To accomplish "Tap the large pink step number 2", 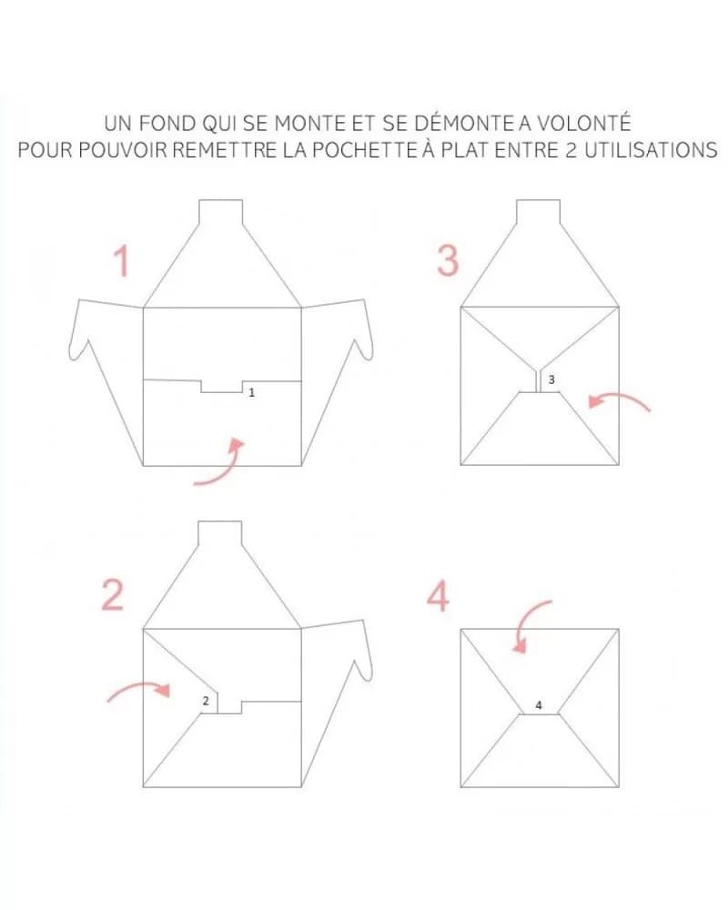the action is [113, 594].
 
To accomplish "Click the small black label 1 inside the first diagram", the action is [251, 393].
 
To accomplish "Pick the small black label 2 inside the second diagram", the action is [206, 701].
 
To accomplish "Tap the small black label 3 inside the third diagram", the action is [551, 379].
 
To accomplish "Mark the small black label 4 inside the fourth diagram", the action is [539, 705].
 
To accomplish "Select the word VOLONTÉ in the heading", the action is [583, 123].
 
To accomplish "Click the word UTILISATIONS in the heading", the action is [651, 150].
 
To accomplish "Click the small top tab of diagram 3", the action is [539, 212].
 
